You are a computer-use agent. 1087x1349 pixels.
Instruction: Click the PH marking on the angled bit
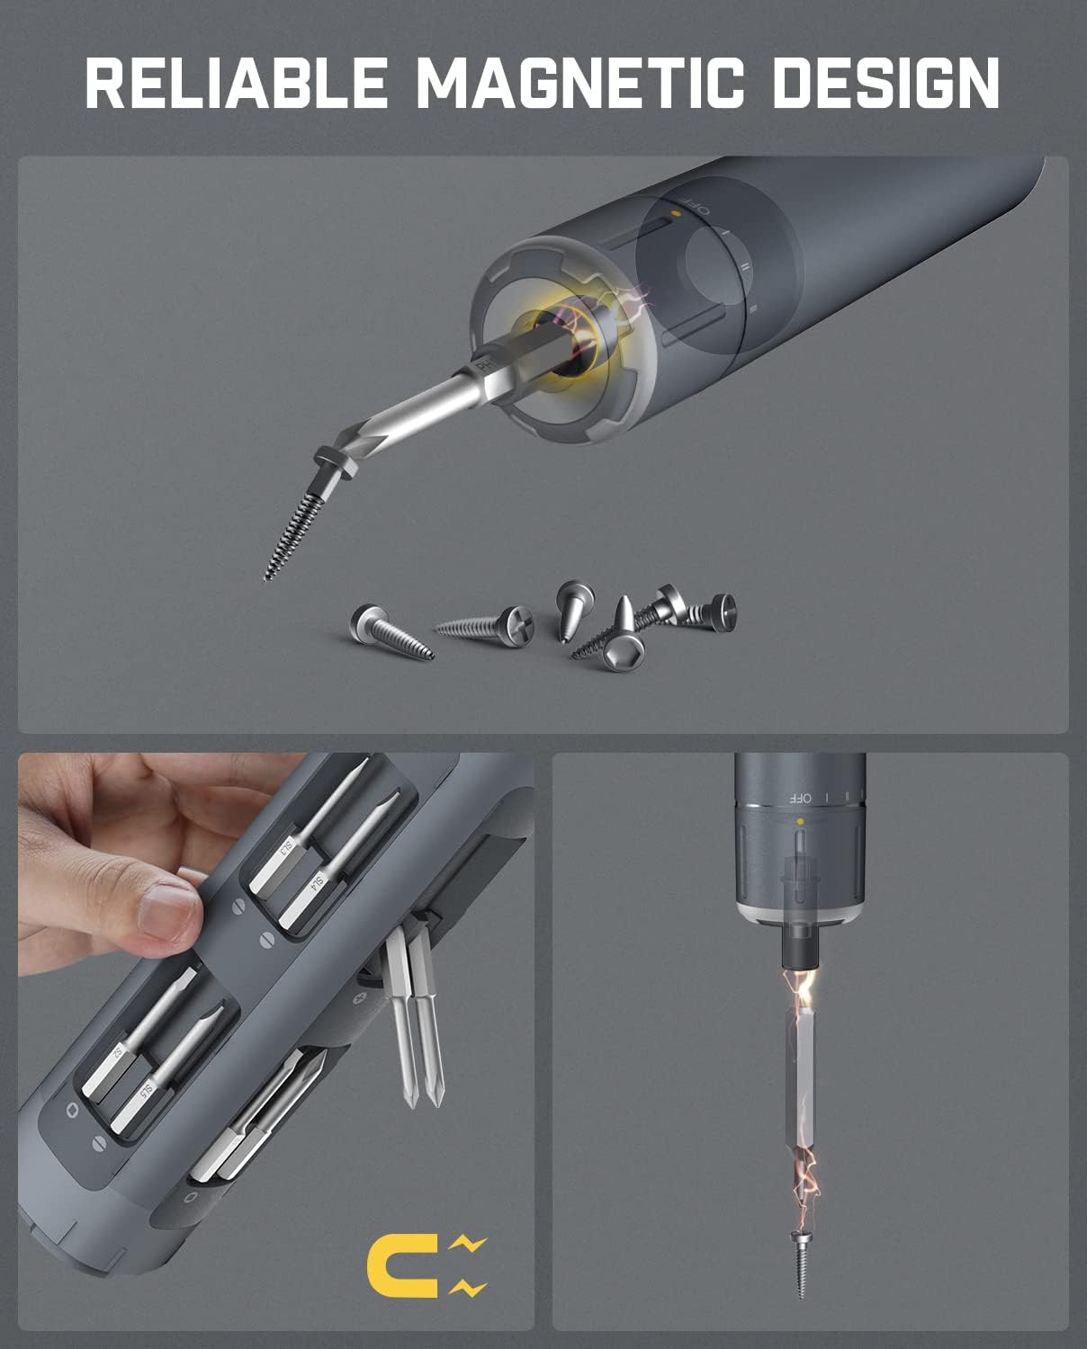click(x=485, y=365)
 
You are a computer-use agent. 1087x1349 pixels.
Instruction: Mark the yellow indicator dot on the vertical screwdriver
click(x=799, y=821)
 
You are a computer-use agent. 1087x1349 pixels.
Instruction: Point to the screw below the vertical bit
click(x=800, y=1264)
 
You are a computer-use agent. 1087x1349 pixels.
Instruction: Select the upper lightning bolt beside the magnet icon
click(x=468, y=1245)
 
